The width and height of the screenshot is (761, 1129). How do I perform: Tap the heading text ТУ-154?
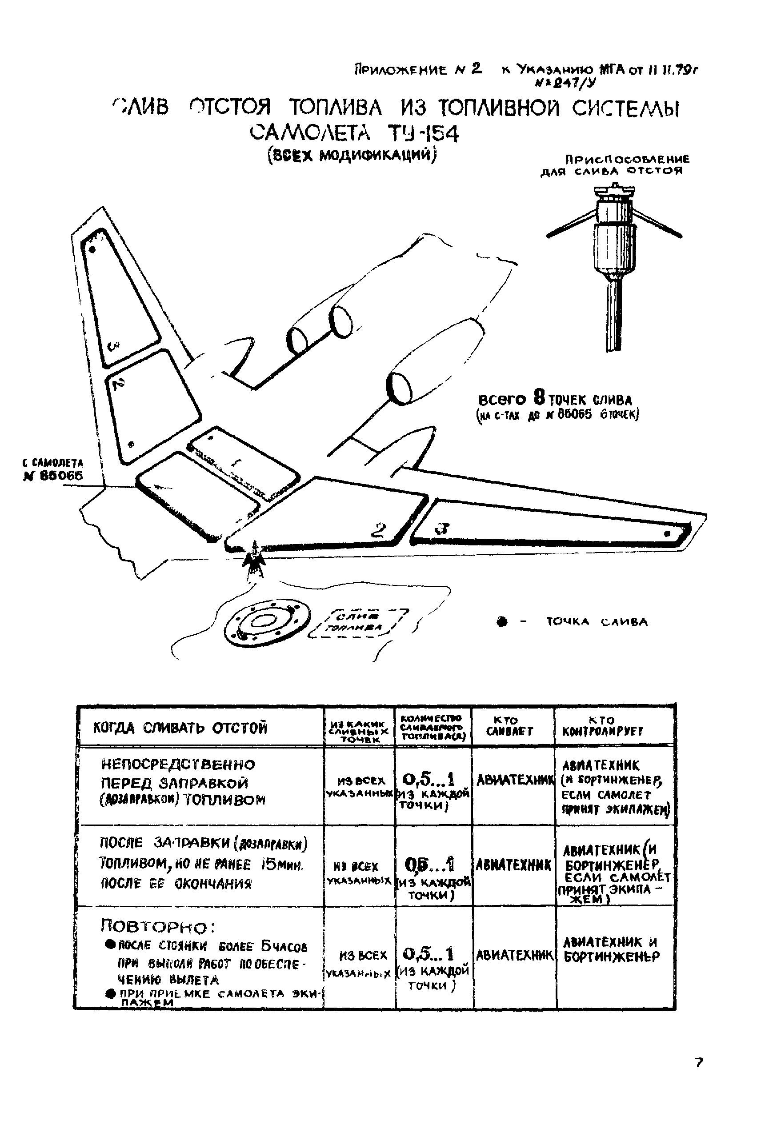pos(423,134)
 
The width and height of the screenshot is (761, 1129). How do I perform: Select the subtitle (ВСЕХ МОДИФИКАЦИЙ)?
pos(353,155)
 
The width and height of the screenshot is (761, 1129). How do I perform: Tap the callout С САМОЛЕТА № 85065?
pos(53,470)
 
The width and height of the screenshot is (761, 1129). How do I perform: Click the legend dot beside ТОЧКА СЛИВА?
pos(502,621)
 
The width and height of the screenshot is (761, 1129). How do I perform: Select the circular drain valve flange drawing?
pos(266,621)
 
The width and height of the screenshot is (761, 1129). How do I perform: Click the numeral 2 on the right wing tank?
pos(378,530)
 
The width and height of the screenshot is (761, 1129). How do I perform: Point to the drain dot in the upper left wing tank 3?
pos(92,250)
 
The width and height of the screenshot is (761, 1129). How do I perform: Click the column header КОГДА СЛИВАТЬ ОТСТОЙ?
pos(180,728)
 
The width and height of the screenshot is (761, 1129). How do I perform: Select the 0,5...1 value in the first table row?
pos(429,780)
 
